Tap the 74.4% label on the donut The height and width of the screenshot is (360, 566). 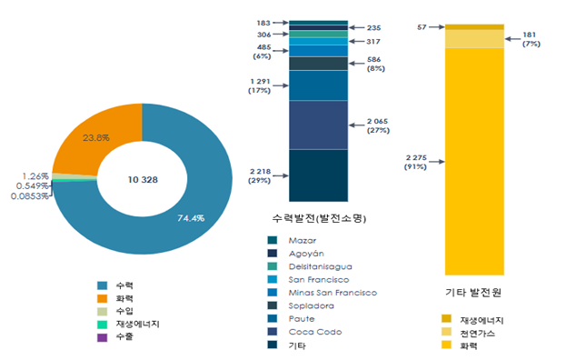pyautogui.click(x=191, y=218)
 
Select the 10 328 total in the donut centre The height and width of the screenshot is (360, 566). pyautogui.click(x=143, y=179)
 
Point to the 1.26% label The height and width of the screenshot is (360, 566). pyautogui.click(x=35, y=176)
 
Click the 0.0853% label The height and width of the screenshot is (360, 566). pyautogui.click(x=30, y=196)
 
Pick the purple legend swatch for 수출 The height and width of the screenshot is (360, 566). pyautogui.click(x=102, y=337)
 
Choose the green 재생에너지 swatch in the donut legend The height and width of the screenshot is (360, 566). pyautogui.click(x=102, y=325)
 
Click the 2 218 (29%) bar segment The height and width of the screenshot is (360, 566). pyautogui.click(x=318, y=175)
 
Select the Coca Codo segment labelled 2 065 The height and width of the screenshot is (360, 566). pyautogui.click(x=318, y=125)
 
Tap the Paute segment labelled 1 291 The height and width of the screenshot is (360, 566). pyautogui.click(x=318, y=85)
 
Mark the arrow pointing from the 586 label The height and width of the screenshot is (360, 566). pyautogui.click(x=357, y=64)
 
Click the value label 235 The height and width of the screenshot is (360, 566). pyautogui.click(x=373, y=28)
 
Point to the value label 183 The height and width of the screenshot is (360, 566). pyautogui.click(x=263, y=23)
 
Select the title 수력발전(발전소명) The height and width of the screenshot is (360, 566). pyautogui.click(x=319, y=218)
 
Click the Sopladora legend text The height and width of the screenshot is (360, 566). pyautogui.click(x=311, y=305)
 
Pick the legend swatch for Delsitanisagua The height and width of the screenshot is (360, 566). pyautogui.click(x=273, y=266)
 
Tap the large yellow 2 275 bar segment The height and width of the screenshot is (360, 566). pyautogui.click(x=474, y=162)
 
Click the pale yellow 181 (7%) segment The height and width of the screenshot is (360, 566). pyautogui.click(x=474, y=39)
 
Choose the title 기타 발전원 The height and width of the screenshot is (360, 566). pyautogui.click(x=473, y=292)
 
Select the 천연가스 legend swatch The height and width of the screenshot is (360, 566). pyautogui.click(x=446, y=332)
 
